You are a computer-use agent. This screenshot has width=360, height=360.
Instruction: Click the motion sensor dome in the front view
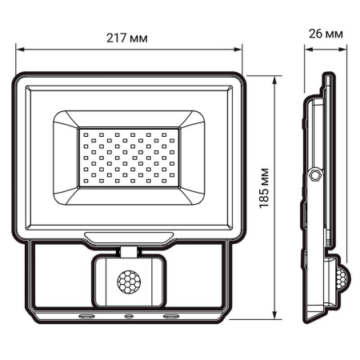(128, 282)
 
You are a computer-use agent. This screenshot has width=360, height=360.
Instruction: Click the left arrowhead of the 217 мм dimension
(20, 50)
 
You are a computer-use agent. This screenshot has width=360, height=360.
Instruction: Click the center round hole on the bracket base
(128, 317)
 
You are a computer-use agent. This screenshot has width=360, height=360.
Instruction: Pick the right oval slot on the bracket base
(170, 317)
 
